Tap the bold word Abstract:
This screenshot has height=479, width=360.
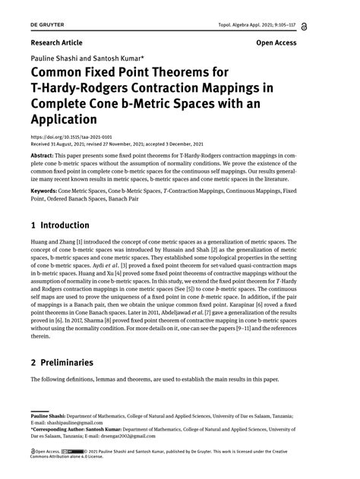pos(44,153)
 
